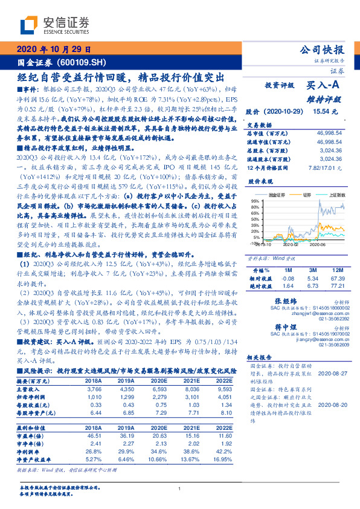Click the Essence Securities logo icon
[x=28, y=25]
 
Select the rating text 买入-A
[x=326, y=86]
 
